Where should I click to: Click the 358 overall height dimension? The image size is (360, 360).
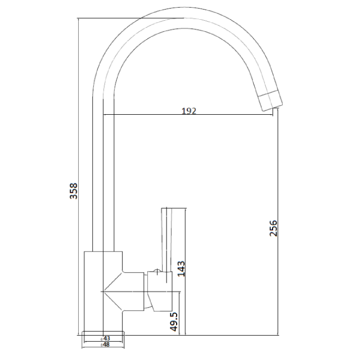[72, 192]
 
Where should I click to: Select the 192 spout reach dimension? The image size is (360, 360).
[189, 110]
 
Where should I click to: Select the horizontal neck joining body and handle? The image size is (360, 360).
[134, 291]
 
